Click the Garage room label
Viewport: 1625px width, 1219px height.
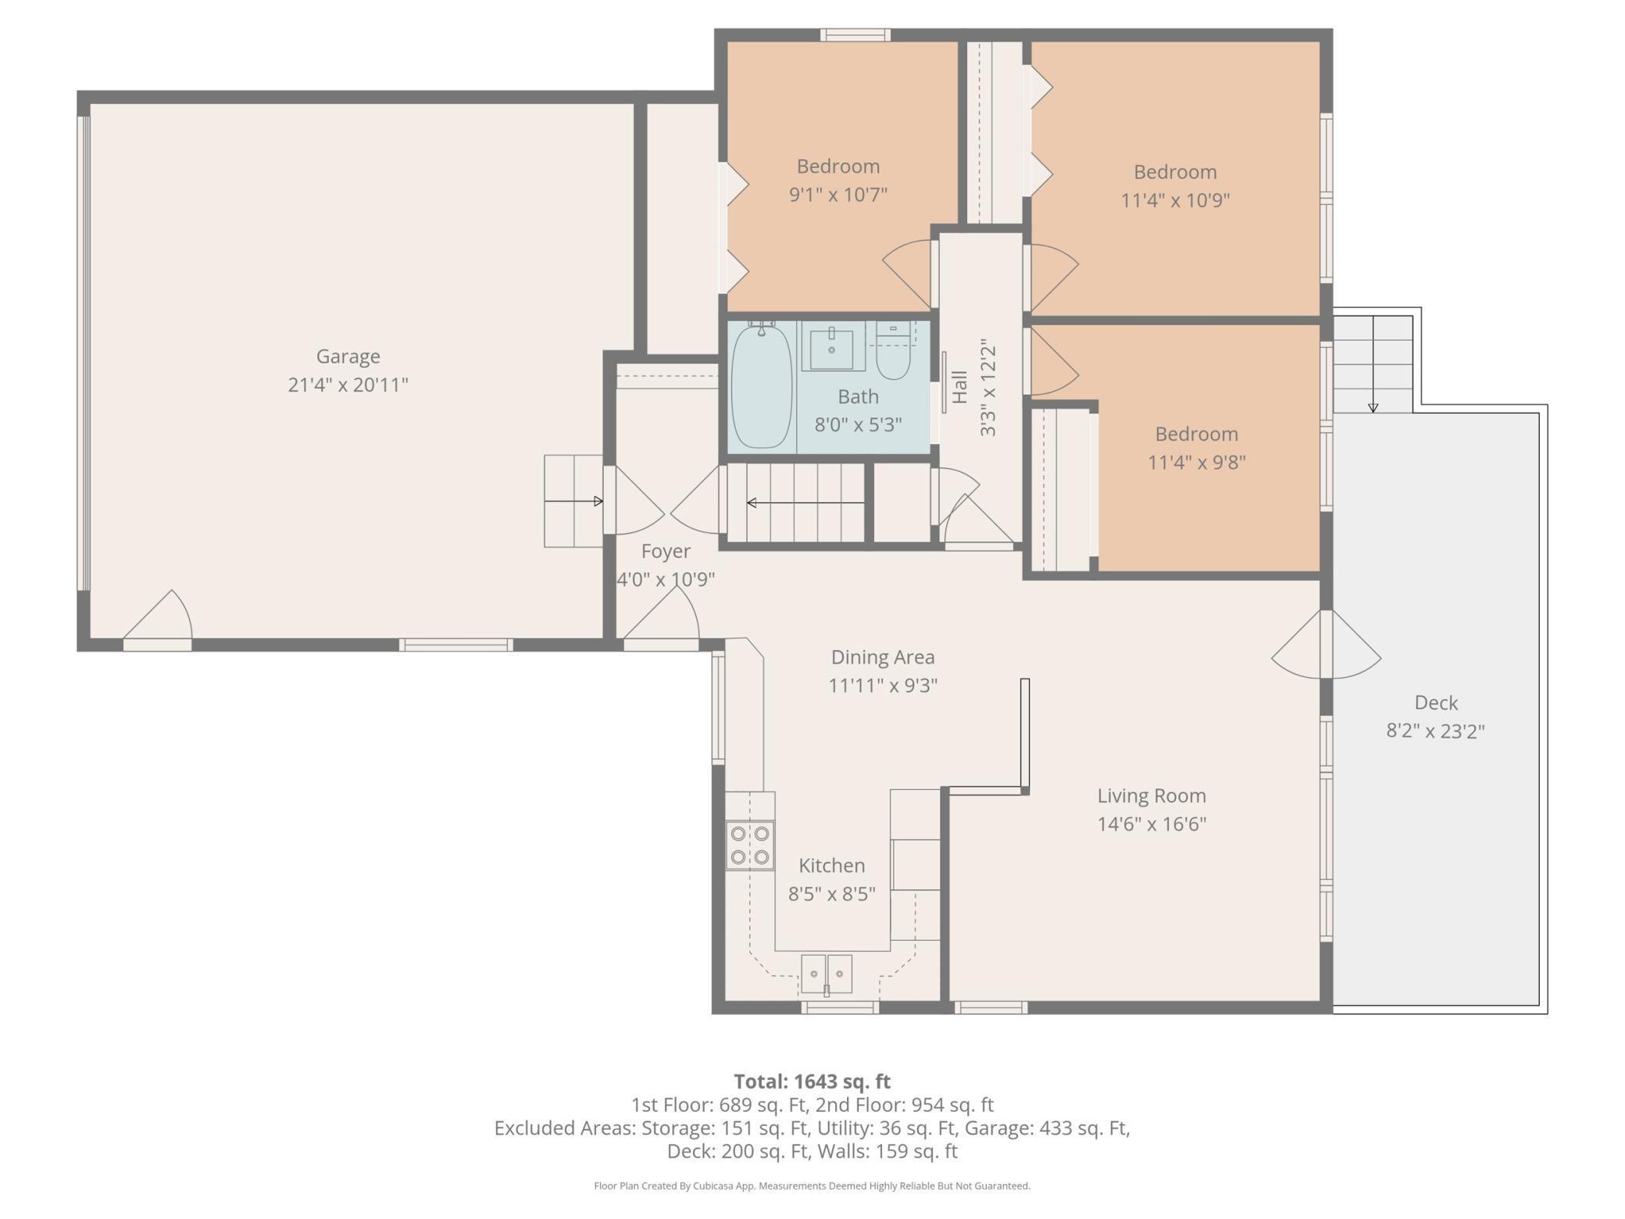click(x=348, y=356)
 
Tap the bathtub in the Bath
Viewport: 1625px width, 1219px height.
click(x=760, y=386)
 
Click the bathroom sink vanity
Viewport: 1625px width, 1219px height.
click(x=833, y=346)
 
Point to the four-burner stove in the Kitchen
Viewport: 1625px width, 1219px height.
click(x=750, y=845)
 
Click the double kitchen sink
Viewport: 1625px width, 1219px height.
click(x=826, y=974)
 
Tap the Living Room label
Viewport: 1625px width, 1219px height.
click(x=1152, y=795)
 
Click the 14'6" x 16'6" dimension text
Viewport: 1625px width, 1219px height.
click(x=1152, y=824)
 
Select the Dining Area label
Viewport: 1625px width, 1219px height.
click(x=883, y=657)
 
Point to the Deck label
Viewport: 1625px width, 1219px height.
click(x=1436, y=702)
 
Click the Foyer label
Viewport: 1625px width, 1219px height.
click(x=666, y=552)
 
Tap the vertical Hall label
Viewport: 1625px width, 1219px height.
click(x=960, y=387)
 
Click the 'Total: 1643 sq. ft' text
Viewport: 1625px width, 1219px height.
click(x=812, y=1081)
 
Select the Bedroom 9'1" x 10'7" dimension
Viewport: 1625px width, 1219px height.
click(x=838, y=194)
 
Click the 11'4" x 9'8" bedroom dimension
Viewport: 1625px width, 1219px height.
click(x=1196, y=462)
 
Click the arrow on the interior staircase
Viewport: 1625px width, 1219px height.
click(x=805, y=502)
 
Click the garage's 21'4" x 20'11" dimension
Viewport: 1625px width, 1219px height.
click(x=348, y=384)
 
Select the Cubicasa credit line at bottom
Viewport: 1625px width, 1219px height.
click(x=812, y=1186)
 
